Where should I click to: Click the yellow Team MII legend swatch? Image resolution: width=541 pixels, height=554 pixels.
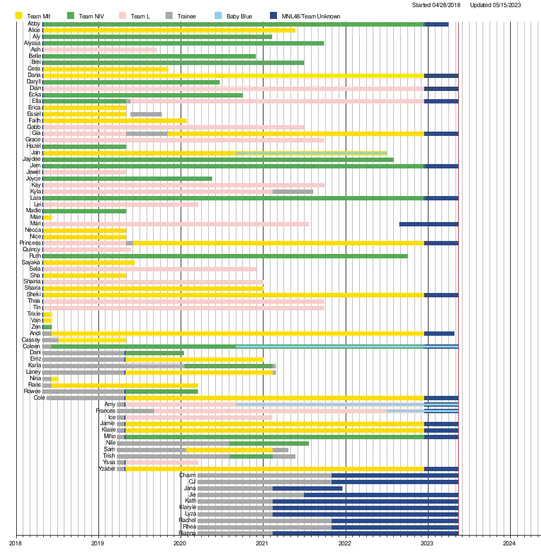[x=18, y=16]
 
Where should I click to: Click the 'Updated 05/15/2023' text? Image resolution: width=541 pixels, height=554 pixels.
[x=503, y=5]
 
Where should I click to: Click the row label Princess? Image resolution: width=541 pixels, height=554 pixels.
[x=30, y=243]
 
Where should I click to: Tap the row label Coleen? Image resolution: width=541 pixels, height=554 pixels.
[x=31, y=346]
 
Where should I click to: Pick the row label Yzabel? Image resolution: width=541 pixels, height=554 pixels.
[x=107, y=469]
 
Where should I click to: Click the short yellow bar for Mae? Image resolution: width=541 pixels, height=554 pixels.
[x=48, y=218]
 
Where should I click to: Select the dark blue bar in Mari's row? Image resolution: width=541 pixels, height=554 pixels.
[x=428, y=224]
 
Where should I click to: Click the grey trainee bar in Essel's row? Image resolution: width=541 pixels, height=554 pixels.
[x=146, y=114]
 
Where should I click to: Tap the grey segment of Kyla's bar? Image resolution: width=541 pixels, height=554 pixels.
[x=293, y=192]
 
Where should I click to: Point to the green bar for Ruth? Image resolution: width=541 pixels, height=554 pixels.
[x=225, y=256]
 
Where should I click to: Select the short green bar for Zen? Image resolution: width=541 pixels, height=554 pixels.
[x=48, y=327]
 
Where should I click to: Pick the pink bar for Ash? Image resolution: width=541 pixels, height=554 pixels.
[x=100, y=50]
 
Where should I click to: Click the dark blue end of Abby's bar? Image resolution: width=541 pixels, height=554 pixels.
[x=437, y=24]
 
